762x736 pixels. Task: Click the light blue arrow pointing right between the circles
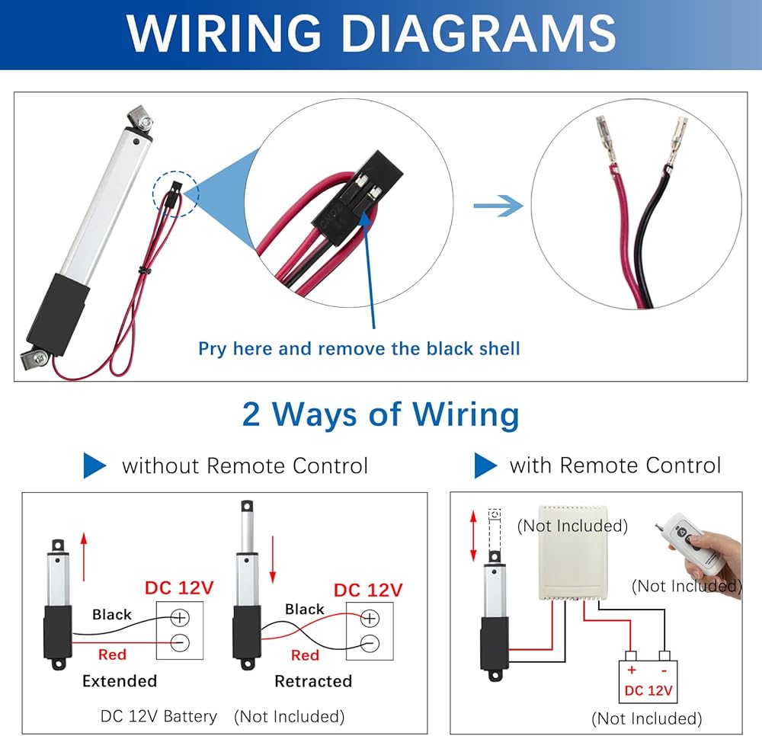pyautogui.click(x=498, y=206)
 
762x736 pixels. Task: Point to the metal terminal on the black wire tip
pyautogui.click(x=677, y=141)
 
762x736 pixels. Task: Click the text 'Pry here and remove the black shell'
pyautogui.click(x=359, y=348)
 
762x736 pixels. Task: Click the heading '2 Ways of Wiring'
pyautogui.click(x=380, y=414)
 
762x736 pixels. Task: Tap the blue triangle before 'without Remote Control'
pyautogui.click(x=94, y=466)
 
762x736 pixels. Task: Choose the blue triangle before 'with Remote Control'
pyautogui.click(x=485, y=466)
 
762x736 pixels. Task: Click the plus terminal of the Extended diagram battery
pyautogui.click(x=180, y=617)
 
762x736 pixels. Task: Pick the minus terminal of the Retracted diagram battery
pyautogui.click(x=370, y=643)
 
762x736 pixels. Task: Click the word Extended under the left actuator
pyautogui.click(x=120, y=680)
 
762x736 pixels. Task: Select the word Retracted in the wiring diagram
pyautogui.click(x=313, y=681)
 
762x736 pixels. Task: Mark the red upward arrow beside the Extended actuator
pyautogui.click(x=84, y=556)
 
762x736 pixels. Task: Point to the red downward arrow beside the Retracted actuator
pyautogui.click(x=273, y=559)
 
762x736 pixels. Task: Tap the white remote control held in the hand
pyautogui.click(x=690, y=543)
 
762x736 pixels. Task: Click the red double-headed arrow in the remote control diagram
pyautogui.click(x=473, y=536)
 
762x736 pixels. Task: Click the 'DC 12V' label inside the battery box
pyautogui.click(x=648, y=690)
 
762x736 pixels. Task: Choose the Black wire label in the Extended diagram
pyautogui.click(x=112, y=615)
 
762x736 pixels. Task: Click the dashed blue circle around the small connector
pyautogui.click(x=176, y=194)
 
